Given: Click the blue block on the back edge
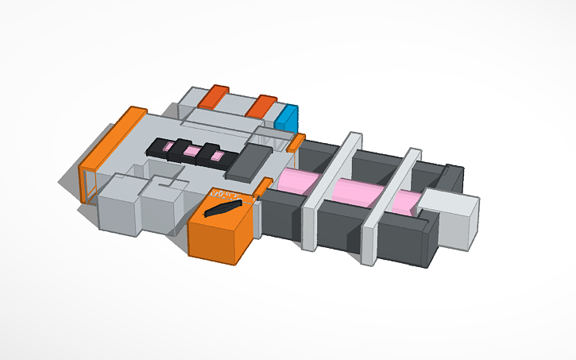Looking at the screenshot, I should tap(287, 118).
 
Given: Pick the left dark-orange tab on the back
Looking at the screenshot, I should tap(215, 96).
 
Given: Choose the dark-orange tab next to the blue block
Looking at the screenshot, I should tap(261, 106).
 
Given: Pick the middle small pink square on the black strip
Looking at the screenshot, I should tap(192, 151).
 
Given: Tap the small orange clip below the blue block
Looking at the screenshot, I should tap(296, 142).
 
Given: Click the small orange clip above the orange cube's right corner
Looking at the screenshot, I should tap(262, 187).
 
